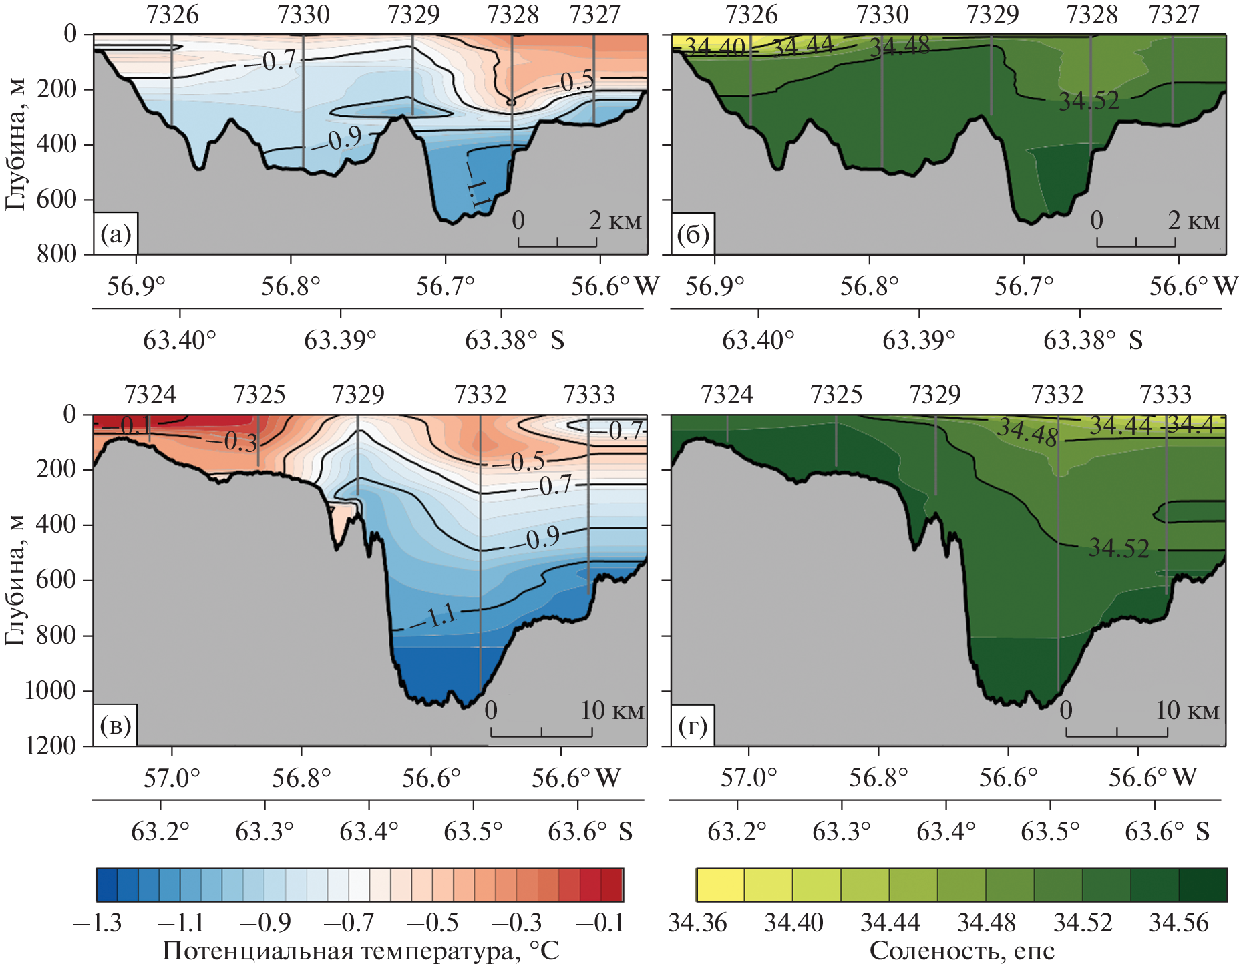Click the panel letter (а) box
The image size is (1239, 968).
coord(116,234)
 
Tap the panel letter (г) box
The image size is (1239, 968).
coord(693,726)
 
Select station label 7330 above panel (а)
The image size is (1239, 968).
coord(303,15)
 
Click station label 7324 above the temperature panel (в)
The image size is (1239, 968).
coord(150,395)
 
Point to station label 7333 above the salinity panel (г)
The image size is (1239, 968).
coord(1166,395)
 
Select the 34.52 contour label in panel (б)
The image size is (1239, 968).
coord(1089,101)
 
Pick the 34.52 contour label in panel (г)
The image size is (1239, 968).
coord(1119,549)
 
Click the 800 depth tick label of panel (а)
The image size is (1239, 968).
coord(57,254)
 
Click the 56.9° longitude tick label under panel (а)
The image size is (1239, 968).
coord(136,286)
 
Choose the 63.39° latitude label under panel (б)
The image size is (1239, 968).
coord(918,340)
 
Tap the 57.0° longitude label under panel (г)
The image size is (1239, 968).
coord(749,778)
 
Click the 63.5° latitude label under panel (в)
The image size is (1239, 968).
coord(473,832)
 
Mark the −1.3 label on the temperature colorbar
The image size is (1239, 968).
coord(98,923)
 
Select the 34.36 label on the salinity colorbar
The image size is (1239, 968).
coord(697,923)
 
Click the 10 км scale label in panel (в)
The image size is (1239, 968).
coord(612,711)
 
